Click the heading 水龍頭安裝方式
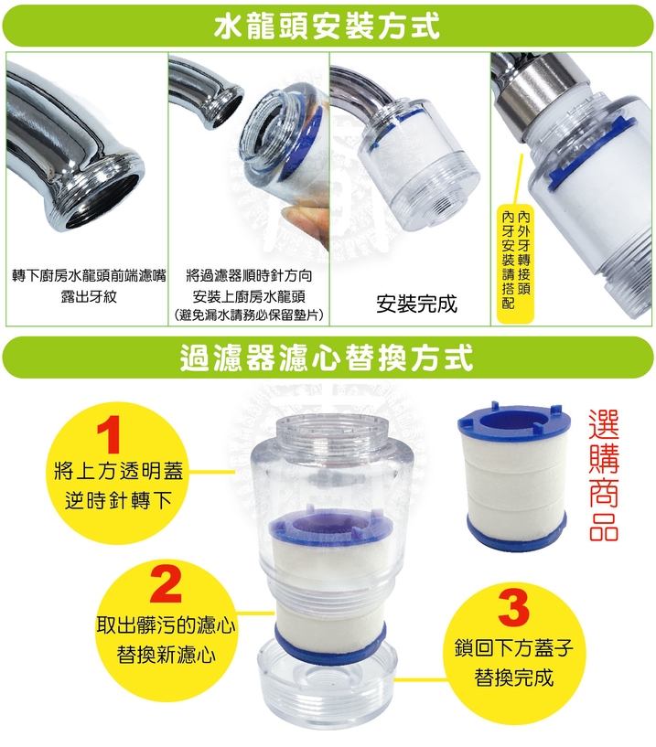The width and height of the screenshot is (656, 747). click(x=327, y=26)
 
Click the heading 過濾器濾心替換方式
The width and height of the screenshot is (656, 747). click(x=327, y=357)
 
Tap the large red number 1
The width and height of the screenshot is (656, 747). click(x=110, y=434)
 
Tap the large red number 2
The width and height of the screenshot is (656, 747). click(x=166, y=583)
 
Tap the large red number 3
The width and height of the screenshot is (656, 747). click(x=513, y=608)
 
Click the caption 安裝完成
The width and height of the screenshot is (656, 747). click(x=416, y=304)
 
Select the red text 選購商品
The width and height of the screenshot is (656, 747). click(x=604, y=475)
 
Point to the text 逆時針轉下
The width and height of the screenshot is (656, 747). click(x=118, y=500)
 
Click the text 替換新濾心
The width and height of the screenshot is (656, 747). click(x=166, y=655)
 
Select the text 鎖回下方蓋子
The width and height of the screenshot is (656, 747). click(x=514, y=648)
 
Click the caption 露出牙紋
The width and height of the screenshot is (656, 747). click(x=89, y=296)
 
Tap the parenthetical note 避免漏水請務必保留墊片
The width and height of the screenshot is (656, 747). click(x=248, y=315)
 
